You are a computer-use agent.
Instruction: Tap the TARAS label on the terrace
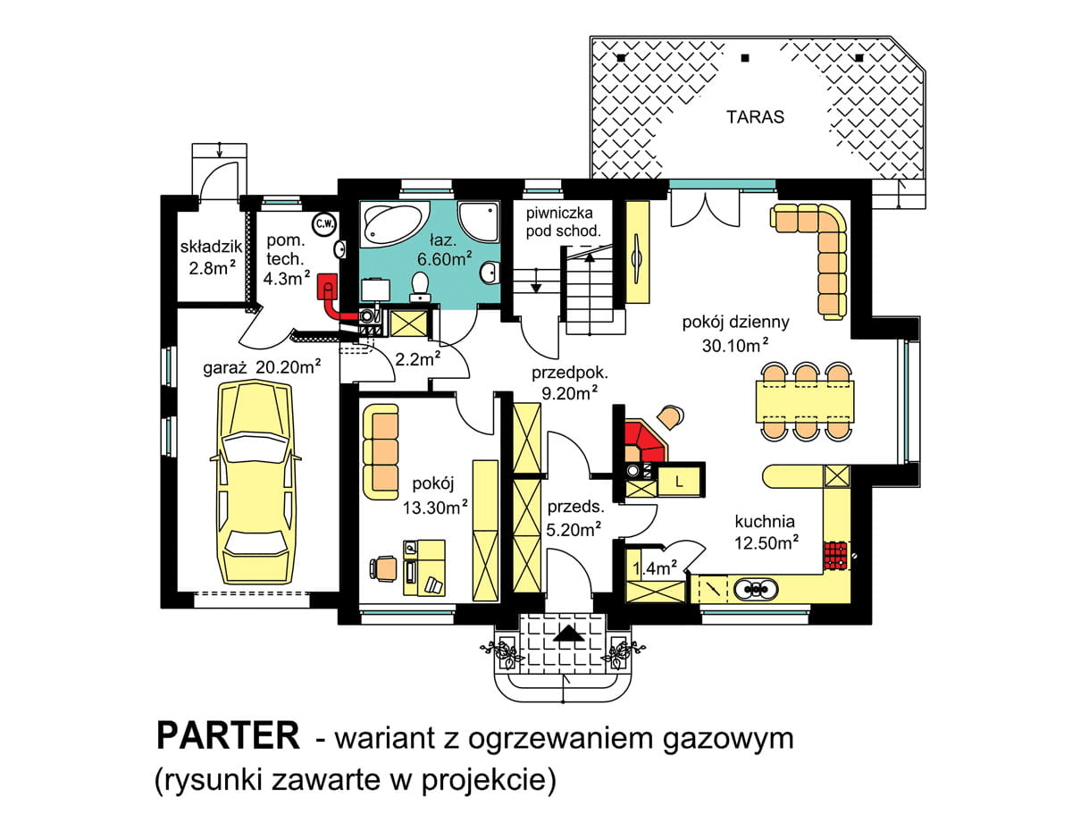pyautogui.click(x=755, y=117)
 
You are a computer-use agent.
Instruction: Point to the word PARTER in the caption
pyautogui.click(x=228, y=735)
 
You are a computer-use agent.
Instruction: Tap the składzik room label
pyautogui.click(x=207, y=247)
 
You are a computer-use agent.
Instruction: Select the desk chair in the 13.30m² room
pyautogui.click(x=384, y=567)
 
